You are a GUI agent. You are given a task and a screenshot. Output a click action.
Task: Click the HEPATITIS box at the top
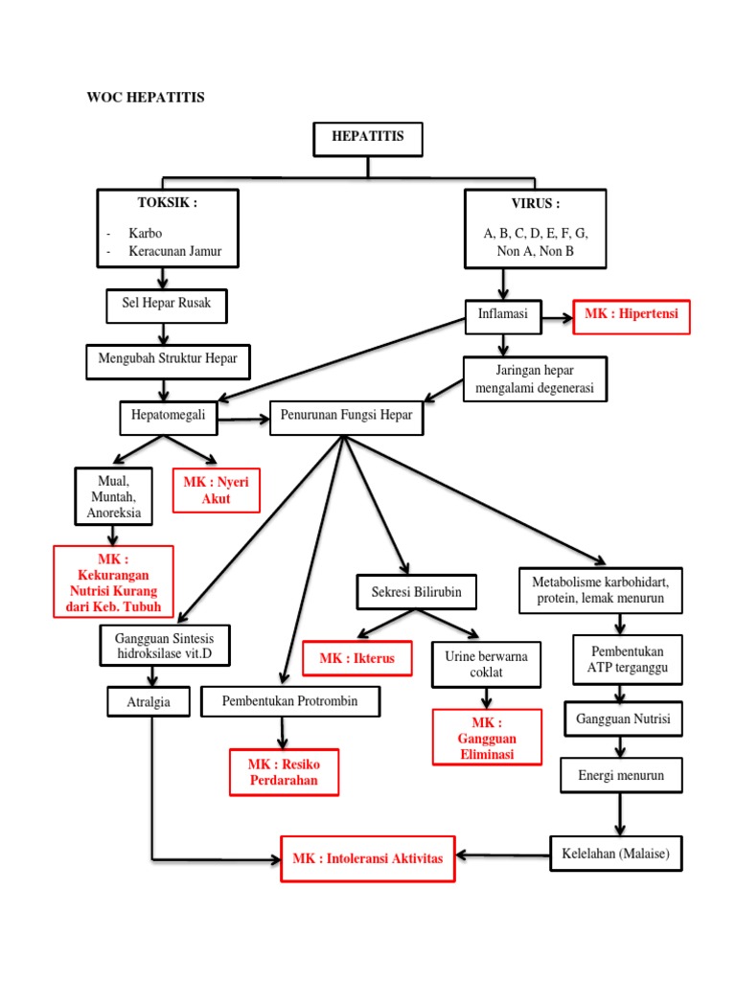point(368,138)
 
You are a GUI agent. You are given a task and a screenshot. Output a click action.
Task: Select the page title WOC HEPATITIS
point(146,98)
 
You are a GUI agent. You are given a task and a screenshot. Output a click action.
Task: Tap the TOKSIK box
point(167,227)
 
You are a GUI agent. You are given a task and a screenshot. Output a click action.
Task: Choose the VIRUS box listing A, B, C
point(535,227)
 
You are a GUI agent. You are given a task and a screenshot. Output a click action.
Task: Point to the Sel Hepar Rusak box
point(166,305)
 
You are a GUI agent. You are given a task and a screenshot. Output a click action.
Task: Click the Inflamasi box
point(502,314)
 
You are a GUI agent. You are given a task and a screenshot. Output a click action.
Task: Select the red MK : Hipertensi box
point(631,315)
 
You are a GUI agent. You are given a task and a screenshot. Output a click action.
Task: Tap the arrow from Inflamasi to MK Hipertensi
point(556,315)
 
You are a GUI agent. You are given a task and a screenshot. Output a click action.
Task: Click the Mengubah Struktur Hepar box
point(168,360)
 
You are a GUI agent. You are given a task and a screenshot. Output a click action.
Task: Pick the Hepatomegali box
point(169,418)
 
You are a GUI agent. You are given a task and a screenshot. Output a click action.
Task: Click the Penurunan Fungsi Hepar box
point(346,419)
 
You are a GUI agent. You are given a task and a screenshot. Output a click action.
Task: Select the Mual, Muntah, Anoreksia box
point(113,496)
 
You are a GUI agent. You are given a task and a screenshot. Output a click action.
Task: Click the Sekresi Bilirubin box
point(416,592)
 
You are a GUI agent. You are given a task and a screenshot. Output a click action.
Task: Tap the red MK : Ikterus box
point(357,659)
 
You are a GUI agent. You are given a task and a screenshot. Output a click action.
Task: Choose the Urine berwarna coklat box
point(486,664)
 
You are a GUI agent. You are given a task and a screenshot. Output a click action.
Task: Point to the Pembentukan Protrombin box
point(290,701)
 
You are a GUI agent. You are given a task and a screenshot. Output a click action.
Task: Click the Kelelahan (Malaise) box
point(615,853)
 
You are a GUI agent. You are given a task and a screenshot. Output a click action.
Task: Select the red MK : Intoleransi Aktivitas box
point(368,858)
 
